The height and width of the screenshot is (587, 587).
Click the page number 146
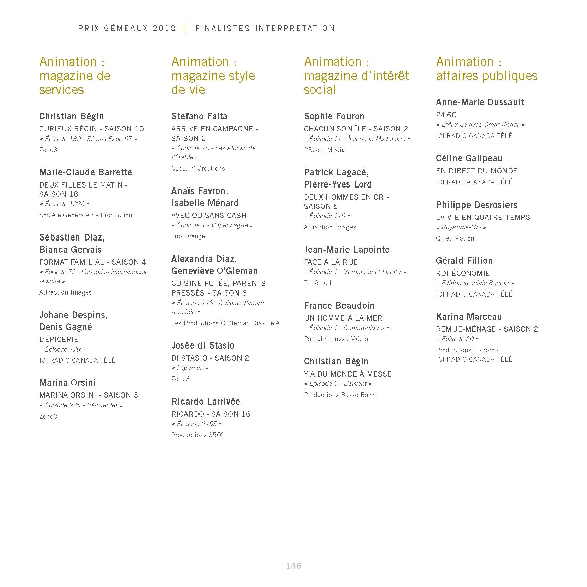(x=293, y=566)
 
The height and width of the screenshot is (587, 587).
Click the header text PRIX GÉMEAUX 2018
(x=127, y=29)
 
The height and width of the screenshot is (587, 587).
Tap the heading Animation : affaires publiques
(x=486, y=69)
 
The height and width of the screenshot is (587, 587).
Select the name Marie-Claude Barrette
(x=86, y=172)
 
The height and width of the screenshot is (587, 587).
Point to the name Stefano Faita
(x=199, y=116)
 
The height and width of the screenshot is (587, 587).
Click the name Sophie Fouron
(x=334, y=116)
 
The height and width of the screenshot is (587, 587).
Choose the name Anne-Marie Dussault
(x=480, y=102)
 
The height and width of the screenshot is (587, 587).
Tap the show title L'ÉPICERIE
(x=59, y=339)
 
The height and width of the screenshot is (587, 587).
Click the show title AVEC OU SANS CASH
(x=209, y=215)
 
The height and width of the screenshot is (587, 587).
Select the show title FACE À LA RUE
(x=330, y=262)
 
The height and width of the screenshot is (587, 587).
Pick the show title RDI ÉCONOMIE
(x=463, y=273)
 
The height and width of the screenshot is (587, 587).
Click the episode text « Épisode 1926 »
(x=64, y=204)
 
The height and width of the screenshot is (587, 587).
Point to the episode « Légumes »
(x=190, y=368)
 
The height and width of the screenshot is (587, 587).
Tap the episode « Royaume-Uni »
(x=461, y=227)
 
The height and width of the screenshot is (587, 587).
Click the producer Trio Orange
(x=188, y=236)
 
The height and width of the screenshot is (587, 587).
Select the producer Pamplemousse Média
(x=336, y=339)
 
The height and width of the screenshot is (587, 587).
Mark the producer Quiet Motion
(x=455, y=238)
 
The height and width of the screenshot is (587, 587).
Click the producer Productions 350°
(x=197, y=435)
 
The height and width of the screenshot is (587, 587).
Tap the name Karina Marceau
(x=469, y=317)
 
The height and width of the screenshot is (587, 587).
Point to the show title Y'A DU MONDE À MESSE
(x=348, y=374)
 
